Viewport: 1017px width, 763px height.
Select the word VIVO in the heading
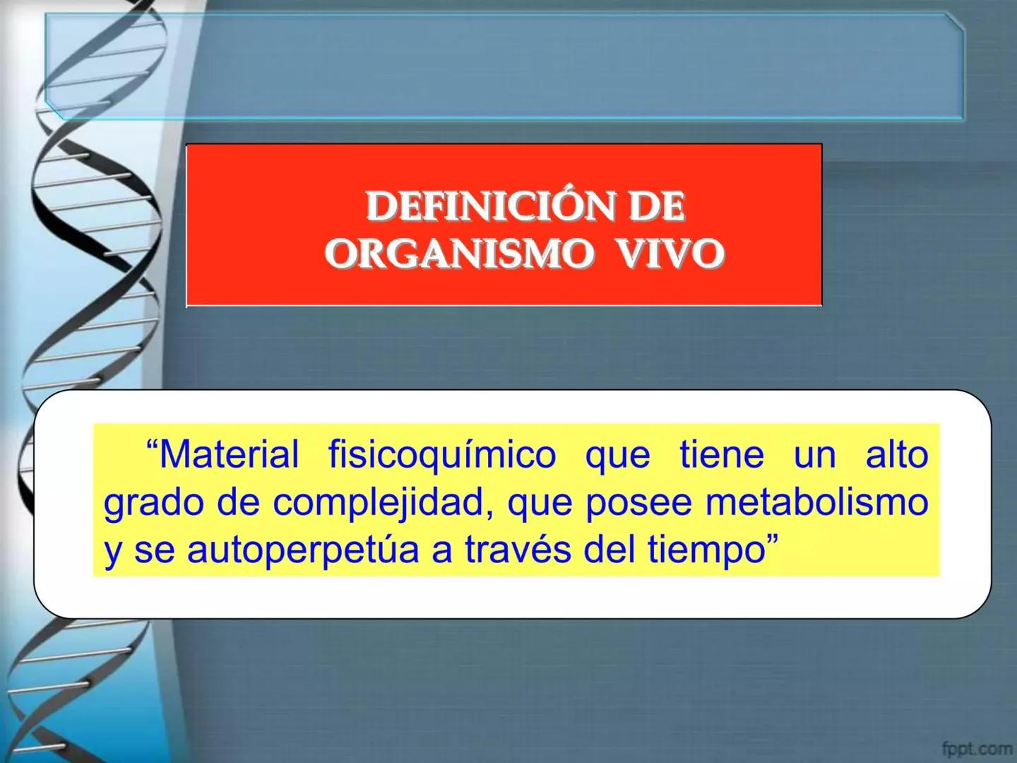click(671, 254)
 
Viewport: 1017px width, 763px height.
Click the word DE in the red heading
click(657, 207)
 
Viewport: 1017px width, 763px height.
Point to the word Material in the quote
click(229, 454)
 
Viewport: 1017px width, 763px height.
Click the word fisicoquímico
click(442, 454)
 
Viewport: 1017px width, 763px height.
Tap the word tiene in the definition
click(722, 454)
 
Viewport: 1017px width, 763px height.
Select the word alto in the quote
click(897, 454)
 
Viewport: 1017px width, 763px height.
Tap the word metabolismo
click(817, 502)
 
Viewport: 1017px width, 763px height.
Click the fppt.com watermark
click(977, 747)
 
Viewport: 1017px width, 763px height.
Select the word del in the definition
click(611, 550)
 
